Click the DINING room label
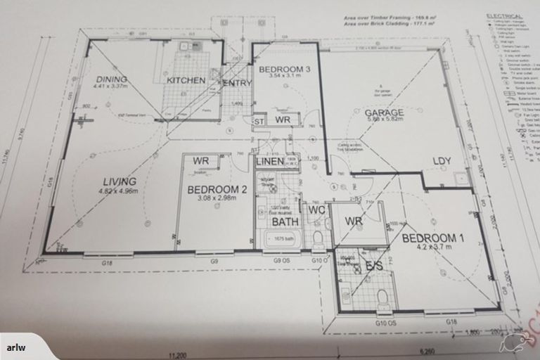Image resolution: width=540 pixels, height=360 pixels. click(111, 79)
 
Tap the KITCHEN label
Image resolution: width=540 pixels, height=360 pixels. click(186, 80)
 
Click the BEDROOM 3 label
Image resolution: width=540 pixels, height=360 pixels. click(285, 70)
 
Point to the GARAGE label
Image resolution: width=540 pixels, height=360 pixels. click(383, 112)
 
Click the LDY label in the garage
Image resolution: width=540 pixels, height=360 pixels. click(442, 162)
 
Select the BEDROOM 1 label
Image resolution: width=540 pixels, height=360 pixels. click(433, 238)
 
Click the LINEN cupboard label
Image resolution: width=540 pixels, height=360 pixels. click(269, 162)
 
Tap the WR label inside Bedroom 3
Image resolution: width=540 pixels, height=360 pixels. click(283, 120)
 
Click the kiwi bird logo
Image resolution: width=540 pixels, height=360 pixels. click(512, 343)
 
